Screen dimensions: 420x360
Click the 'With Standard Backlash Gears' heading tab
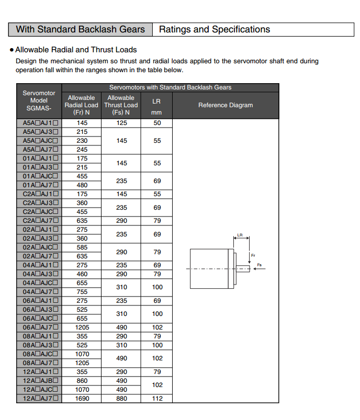click(80, 29)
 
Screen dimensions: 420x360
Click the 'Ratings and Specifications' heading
click(214, 29)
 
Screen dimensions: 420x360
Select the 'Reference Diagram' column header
click(225, 105)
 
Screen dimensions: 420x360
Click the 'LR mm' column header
click(156, 105)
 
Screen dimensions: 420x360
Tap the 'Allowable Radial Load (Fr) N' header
click(82, 105)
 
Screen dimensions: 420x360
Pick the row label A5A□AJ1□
click(39, 123)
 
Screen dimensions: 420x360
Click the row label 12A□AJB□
click(39, 381)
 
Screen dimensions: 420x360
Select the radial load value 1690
click(82, 399)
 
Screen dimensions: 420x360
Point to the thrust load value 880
click(121, 399)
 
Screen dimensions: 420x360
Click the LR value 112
click(157, 399)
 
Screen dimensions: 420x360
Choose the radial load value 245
click(82, 150)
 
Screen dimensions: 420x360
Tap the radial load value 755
click(82, 292)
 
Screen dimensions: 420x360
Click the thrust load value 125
click(121, 123)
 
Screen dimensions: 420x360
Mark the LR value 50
click(157, 123)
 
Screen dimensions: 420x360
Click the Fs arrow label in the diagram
click(259, 265)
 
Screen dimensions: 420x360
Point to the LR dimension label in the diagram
click(240, 235)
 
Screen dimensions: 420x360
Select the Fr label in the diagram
click(253, 255)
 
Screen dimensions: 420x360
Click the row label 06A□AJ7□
click(39, 327)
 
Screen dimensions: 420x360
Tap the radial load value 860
click(82, 381)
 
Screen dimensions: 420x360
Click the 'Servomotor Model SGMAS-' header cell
click(39, 101)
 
